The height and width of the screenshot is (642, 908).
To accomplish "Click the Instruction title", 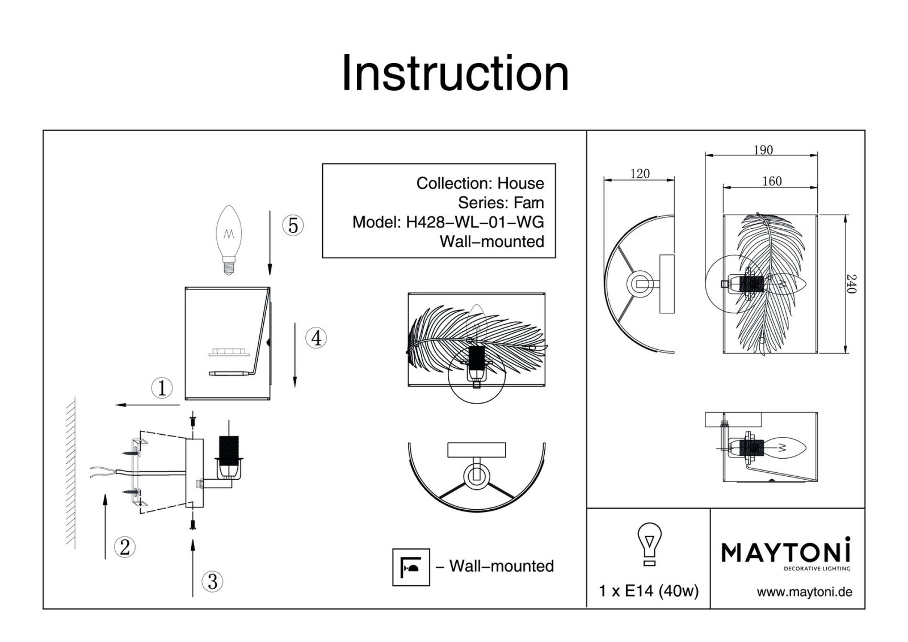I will pos(455,73).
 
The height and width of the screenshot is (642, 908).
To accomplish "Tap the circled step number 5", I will pos(293,225).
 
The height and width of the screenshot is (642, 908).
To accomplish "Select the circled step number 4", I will pos(316,338).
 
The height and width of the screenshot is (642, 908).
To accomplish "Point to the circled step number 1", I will pos(162,388).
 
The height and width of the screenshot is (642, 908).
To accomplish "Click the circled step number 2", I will pos(124,547).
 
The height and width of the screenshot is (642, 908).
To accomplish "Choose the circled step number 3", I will pos(212,581).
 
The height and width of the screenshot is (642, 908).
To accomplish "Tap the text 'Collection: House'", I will pos(480,183).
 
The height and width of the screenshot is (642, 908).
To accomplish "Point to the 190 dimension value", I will pos(763,150).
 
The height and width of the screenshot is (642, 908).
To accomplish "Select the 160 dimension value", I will pos(772,181).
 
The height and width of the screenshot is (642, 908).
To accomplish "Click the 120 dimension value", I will pos(640,174).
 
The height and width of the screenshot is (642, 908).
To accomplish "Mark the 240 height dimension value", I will pos(851,283).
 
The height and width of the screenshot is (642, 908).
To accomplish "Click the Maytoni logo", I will pos(786,552).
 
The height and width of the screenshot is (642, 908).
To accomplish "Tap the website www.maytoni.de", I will pos(804,592).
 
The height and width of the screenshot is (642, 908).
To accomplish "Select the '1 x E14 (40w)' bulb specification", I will pos(649,591).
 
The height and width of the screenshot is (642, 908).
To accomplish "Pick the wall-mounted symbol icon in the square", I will pos(411,567).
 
